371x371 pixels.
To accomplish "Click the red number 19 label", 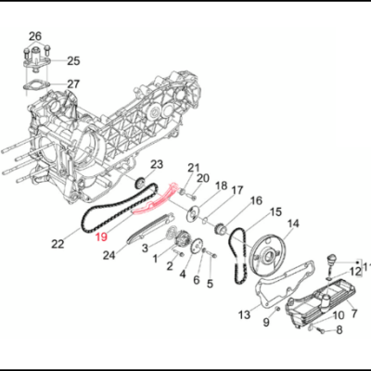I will point(101,237).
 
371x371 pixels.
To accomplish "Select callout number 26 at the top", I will point(35,37).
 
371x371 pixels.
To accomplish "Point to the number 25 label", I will point(73,61).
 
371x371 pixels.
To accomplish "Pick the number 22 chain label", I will point(58,244).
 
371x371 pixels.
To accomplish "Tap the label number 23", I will point(157,164).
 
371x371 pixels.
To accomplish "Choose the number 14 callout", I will point(292,224).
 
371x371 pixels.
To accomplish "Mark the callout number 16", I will point(256,200).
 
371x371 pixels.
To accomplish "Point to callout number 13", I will point(244,314).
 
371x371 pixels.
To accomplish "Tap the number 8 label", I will point(339,329).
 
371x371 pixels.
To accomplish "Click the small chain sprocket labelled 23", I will point(141,183).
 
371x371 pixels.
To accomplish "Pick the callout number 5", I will point(210,283).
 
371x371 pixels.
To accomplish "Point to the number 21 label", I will point(194,168).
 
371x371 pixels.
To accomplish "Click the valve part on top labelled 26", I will point(35,61).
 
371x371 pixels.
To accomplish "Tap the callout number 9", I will point(265,322).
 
